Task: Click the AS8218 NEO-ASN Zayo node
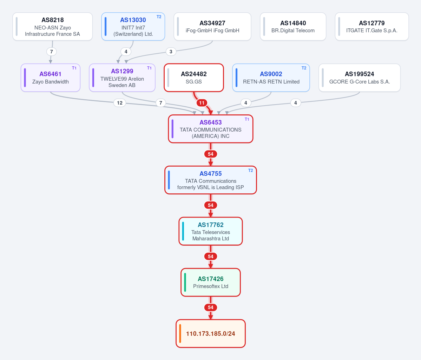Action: coord(53,27)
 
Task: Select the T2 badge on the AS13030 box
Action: coord(159,17)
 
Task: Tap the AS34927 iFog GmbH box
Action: coord(212,27)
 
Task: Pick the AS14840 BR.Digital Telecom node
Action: coord(293,27)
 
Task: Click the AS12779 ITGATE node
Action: coord(372,27)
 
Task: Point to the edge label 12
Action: coord(120,103)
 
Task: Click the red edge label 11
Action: coord(202,103)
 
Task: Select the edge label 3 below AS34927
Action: coord(171,52)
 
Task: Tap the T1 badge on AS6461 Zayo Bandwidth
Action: coord(74,68)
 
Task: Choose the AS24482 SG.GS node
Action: coord(194,78)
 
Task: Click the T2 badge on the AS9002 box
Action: coord(304,68)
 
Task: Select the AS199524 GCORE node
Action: coord(360,78)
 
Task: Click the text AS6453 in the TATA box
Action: coord(211,122)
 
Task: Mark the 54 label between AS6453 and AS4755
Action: coord(211,154)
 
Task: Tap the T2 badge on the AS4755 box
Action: coord(250,171)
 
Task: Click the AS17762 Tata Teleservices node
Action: coord(211,231)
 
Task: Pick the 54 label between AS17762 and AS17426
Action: coord(211,256)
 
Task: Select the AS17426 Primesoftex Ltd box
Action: coord(211,282)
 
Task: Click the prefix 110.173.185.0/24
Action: coord(211,334)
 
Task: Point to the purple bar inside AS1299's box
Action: coord(93,78)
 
